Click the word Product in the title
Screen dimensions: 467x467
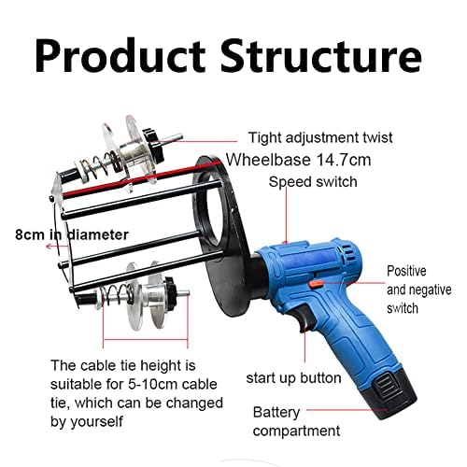120,55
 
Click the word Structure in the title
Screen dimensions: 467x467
321,55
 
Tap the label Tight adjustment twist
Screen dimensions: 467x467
320,138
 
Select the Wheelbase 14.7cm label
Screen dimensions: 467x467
299,160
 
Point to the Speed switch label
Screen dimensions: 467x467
313,182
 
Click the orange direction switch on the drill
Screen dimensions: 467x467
317,284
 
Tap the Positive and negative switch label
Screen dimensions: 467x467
419,290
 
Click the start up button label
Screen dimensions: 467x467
293,378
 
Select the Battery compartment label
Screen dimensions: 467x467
296,422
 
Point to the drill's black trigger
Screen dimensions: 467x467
304,318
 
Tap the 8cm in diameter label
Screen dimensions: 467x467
72,234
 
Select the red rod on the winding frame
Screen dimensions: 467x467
141,179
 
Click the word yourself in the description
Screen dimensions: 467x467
96,422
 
